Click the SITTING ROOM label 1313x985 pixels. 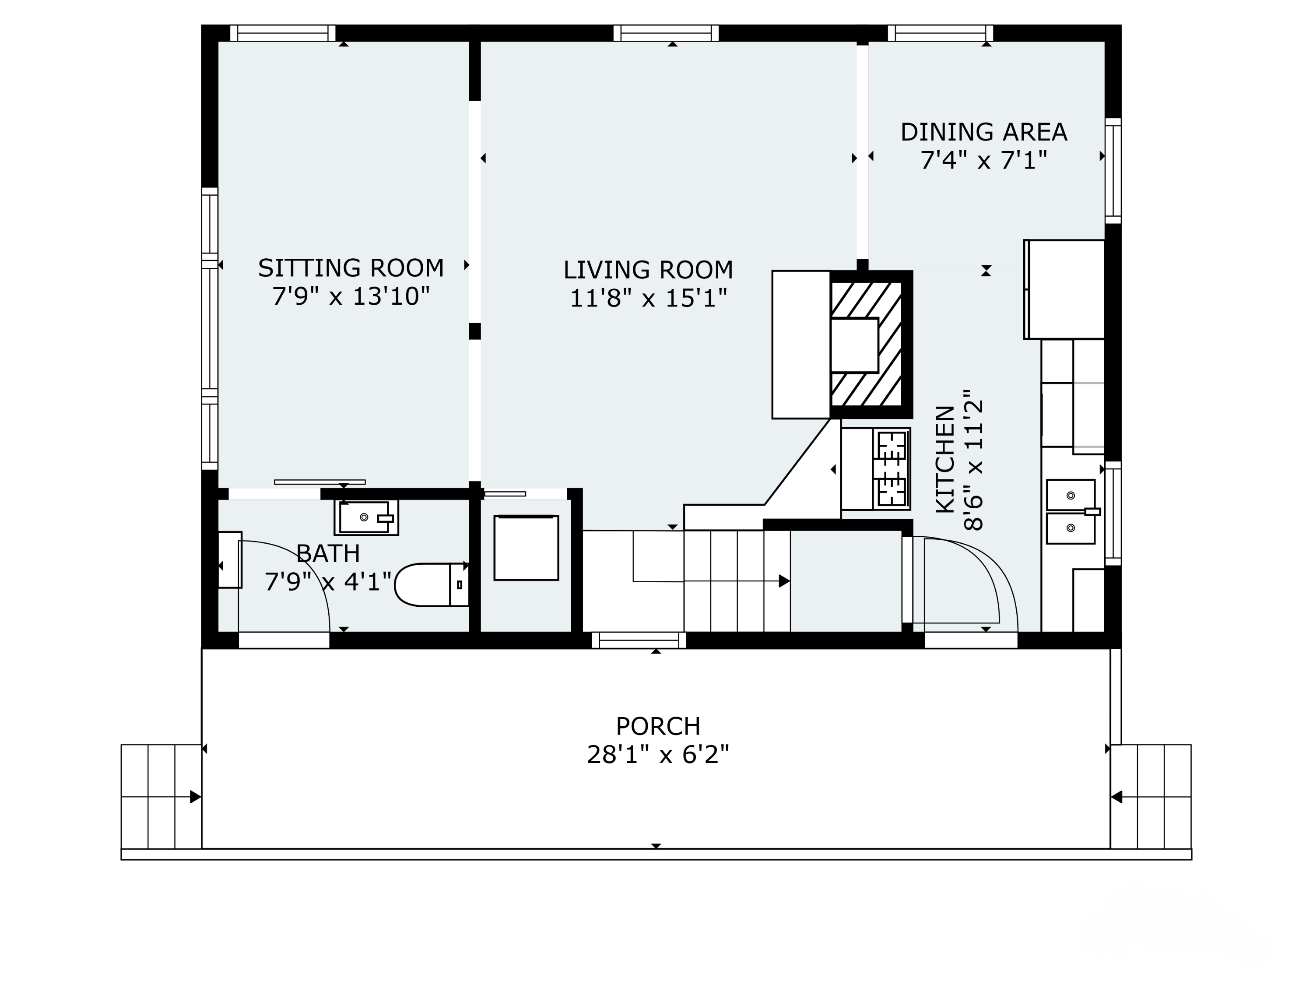click(351, 268)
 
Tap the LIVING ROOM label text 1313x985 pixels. click(648, 270)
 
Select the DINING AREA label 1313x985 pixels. click(983, 132)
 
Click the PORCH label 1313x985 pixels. click(658, 726)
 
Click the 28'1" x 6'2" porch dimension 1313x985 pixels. click(658, 755)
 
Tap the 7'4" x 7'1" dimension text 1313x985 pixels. click(983, 160)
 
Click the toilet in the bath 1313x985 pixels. click(432, 585)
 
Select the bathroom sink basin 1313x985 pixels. click(365, 517)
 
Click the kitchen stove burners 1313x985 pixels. click(892, 469)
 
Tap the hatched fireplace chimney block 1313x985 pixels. click(871, 345)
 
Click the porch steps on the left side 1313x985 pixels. click(161, 797)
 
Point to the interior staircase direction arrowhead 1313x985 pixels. click(784, 581)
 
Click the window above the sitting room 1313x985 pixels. click(283, 33)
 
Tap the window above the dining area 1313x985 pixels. click(940, 33)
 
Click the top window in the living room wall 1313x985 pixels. click(666, 33)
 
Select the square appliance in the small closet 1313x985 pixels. click(526, 547)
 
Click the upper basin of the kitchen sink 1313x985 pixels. click(1070, 495)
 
